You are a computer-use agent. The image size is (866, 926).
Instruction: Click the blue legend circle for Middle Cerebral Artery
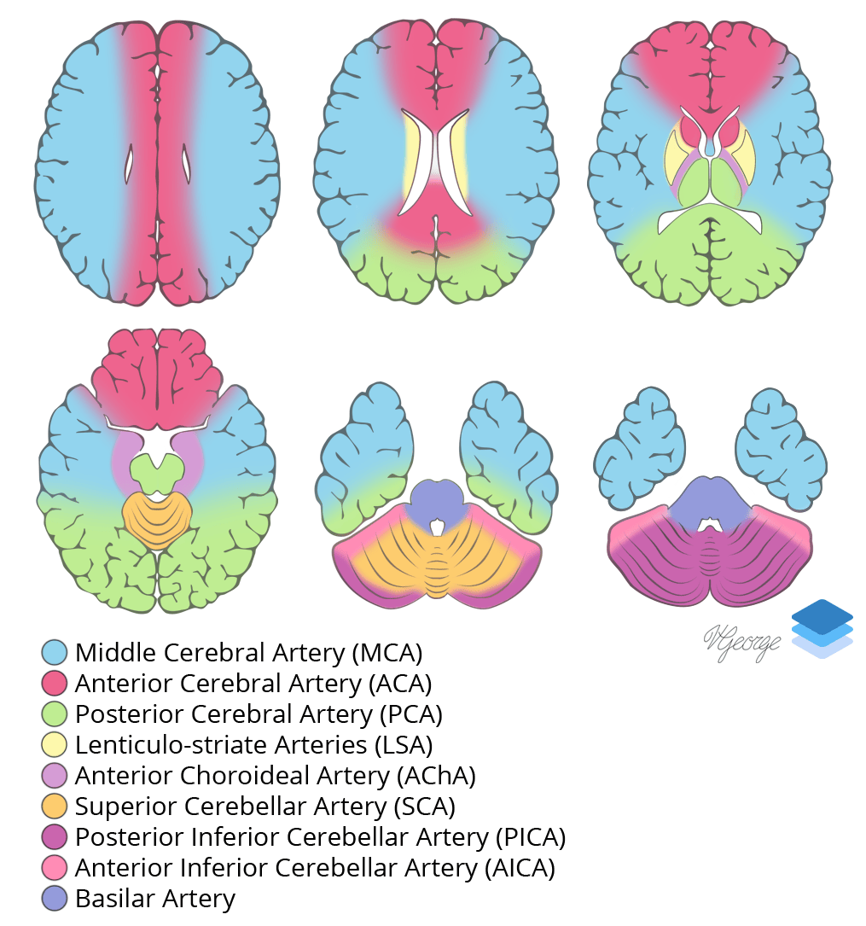55,653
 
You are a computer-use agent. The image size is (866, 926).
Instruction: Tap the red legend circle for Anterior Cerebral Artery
55,684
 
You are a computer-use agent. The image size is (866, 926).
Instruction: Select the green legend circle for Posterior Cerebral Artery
55,714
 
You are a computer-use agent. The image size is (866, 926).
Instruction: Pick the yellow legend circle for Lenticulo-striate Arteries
55,745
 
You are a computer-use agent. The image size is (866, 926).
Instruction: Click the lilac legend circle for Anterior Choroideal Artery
55,776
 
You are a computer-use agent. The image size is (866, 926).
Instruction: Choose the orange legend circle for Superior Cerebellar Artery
55,807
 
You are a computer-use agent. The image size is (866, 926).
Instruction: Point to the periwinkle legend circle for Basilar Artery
55,899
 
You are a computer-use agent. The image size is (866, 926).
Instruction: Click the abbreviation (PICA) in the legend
530,837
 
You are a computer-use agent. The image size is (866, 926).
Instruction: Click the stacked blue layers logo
822,629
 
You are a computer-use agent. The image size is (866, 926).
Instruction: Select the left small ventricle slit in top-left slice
130,164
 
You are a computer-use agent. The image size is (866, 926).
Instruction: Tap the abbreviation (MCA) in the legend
387,653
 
